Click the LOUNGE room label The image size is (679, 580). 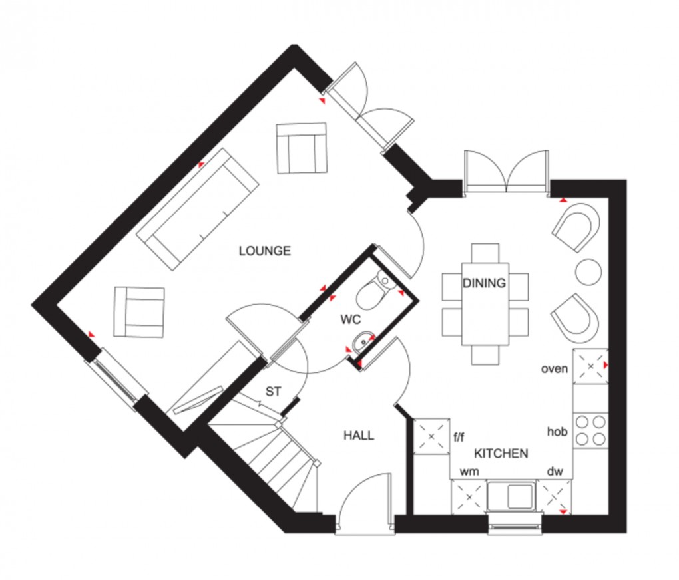pos(265,251)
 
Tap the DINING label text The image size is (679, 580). pos(485,283)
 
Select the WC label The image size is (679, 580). pos(351,320)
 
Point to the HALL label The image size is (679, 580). pos(359,436)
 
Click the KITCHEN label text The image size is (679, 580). pos(501,454)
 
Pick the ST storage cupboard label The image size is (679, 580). pos(274,392)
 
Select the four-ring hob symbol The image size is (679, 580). pos(590,429)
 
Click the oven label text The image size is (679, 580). pos(554,368)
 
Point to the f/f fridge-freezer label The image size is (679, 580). pos(459,437)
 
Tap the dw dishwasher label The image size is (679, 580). pos(555,472)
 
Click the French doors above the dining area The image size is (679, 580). pos(507,172)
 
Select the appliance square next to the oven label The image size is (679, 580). pos(590,366)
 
